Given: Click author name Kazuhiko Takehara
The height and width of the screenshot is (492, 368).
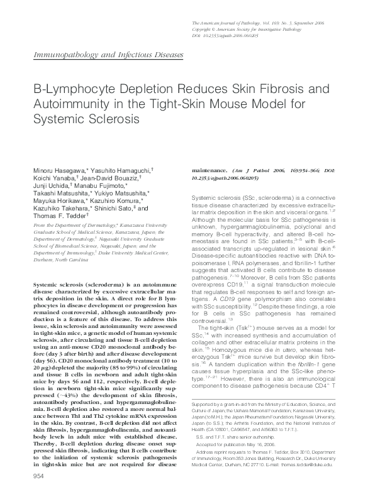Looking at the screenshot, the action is coord(60,210).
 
